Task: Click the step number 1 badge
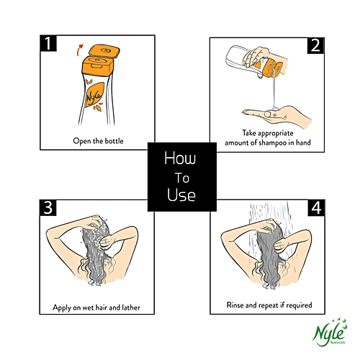(x=48, y=43)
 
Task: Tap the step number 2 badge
(x=315, y=45)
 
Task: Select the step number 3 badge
(x=48, y=207)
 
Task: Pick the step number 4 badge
(x=316, y=207)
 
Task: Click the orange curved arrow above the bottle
(x=78, y=50)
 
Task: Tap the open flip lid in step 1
(x=104, y=51)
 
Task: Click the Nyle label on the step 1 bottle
(x=94, y=96)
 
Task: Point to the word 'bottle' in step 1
(x=114, y=141)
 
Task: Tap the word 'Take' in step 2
(x=249, y=132)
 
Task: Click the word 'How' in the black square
(x=180, y=158)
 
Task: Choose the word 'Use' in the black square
(x=181, y=194)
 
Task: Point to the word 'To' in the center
(x=182, y=178)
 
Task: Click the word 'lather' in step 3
(x=131, y=307)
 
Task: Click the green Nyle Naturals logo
(x=330, y=333)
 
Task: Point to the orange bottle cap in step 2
(x=271, y=68)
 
